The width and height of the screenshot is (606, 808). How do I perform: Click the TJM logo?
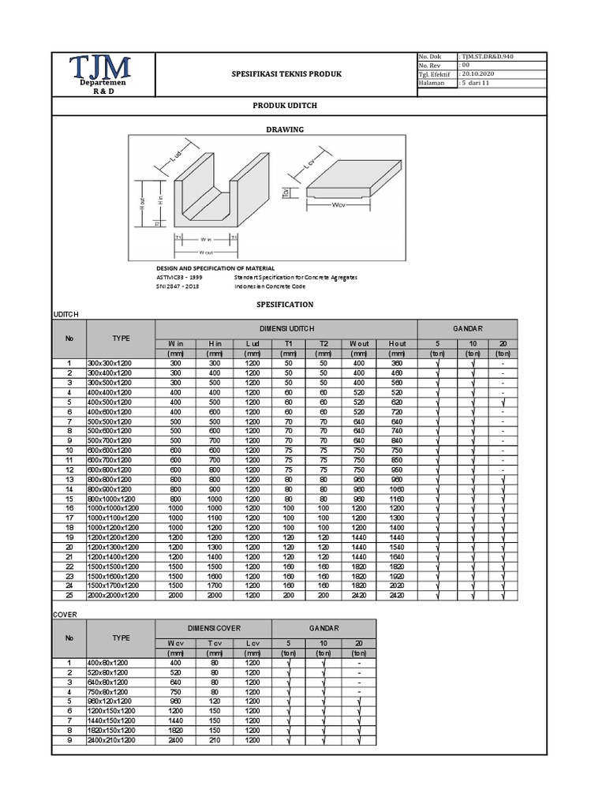[x=100, y=69]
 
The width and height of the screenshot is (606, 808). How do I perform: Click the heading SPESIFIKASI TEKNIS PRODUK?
[x=286, y=75]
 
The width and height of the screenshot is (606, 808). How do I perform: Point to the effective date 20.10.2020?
[x=481, y=74]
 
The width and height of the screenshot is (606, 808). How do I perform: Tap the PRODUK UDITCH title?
[x=285, y=105]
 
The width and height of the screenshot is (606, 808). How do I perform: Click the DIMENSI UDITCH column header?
[x=286, y=328]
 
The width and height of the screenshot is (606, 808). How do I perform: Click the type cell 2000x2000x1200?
[x=121, y=596]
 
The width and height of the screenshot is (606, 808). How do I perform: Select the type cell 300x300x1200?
[x=121, y=363]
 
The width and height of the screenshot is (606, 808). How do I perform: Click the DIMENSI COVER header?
[x=214, y=628]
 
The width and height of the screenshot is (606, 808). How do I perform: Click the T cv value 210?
[x=214, y=740]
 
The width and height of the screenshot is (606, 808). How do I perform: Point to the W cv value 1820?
[x=175, y=731]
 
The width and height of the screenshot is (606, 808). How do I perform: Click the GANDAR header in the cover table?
[x=324, y=628]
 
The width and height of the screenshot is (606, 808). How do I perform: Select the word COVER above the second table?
[x=64, y=612]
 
